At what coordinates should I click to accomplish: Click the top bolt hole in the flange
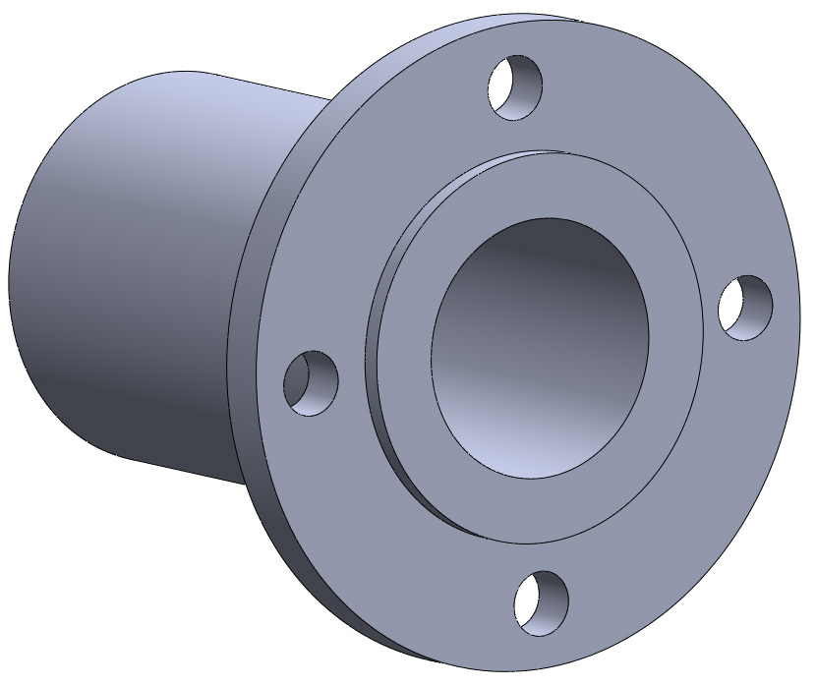(x=515, y=88)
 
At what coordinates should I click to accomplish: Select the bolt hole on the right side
(x=745, y=308)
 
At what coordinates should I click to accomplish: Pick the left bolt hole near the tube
(x=311, y=382)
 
